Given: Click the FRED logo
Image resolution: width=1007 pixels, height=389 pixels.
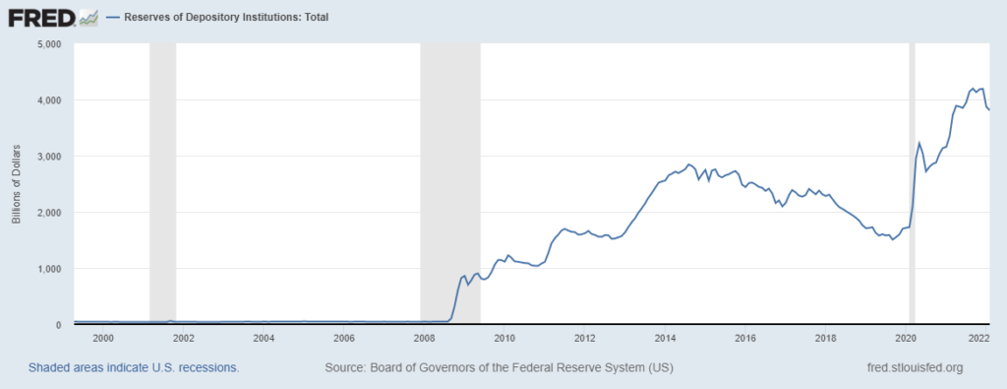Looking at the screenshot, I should (51, 17).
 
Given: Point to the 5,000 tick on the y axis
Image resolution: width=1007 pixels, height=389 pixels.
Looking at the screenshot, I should (48, 44).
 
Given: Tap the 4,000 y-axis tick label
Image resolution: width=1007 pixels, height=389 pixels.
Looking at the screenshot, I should (48, 100).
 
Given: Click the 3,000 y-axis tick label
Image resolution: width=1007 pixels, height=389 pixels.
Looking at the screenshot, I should (48, 157).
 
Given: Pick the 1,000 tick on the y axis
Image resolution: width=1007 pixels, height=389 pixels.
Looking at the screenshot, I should (48, 269).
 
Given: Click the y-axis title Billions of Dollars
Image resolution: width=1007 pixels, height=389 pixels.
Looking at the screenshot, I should (17, 185).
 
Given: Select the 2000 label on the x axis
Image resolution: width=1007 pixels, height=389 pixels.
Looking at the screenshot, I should (103, 339).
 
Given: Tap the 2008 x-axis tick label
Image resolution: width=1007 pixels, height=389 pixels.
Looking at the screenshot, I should (424, 339).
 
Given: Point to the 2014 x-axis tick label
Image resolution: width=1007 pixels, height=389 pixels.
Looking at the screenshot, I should (665, 339).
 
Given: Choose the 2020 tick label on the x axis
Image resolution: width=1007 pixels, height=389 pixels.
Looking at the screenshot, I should (906, 339).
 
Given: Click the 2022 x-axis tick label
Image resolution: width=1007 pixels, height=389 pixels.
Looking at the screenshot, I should (978, 339).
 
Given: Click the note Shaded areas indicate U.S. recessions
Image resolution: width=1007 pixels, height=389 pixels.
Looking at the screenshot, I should (134, 367).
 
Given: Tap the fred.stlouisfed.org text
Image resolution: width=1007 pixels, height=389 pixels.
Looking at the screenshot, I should (911, 367).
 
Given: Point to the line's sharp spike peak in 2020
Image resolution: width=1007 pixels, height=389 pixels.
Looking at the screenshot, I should (918, 143).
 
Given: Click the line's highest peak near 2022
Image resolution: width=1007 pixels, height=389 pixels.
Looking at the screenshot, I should (973, 88).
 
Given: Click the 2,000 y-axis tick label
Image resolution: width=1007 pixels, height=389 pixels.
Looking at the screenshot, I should (48, 213).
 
